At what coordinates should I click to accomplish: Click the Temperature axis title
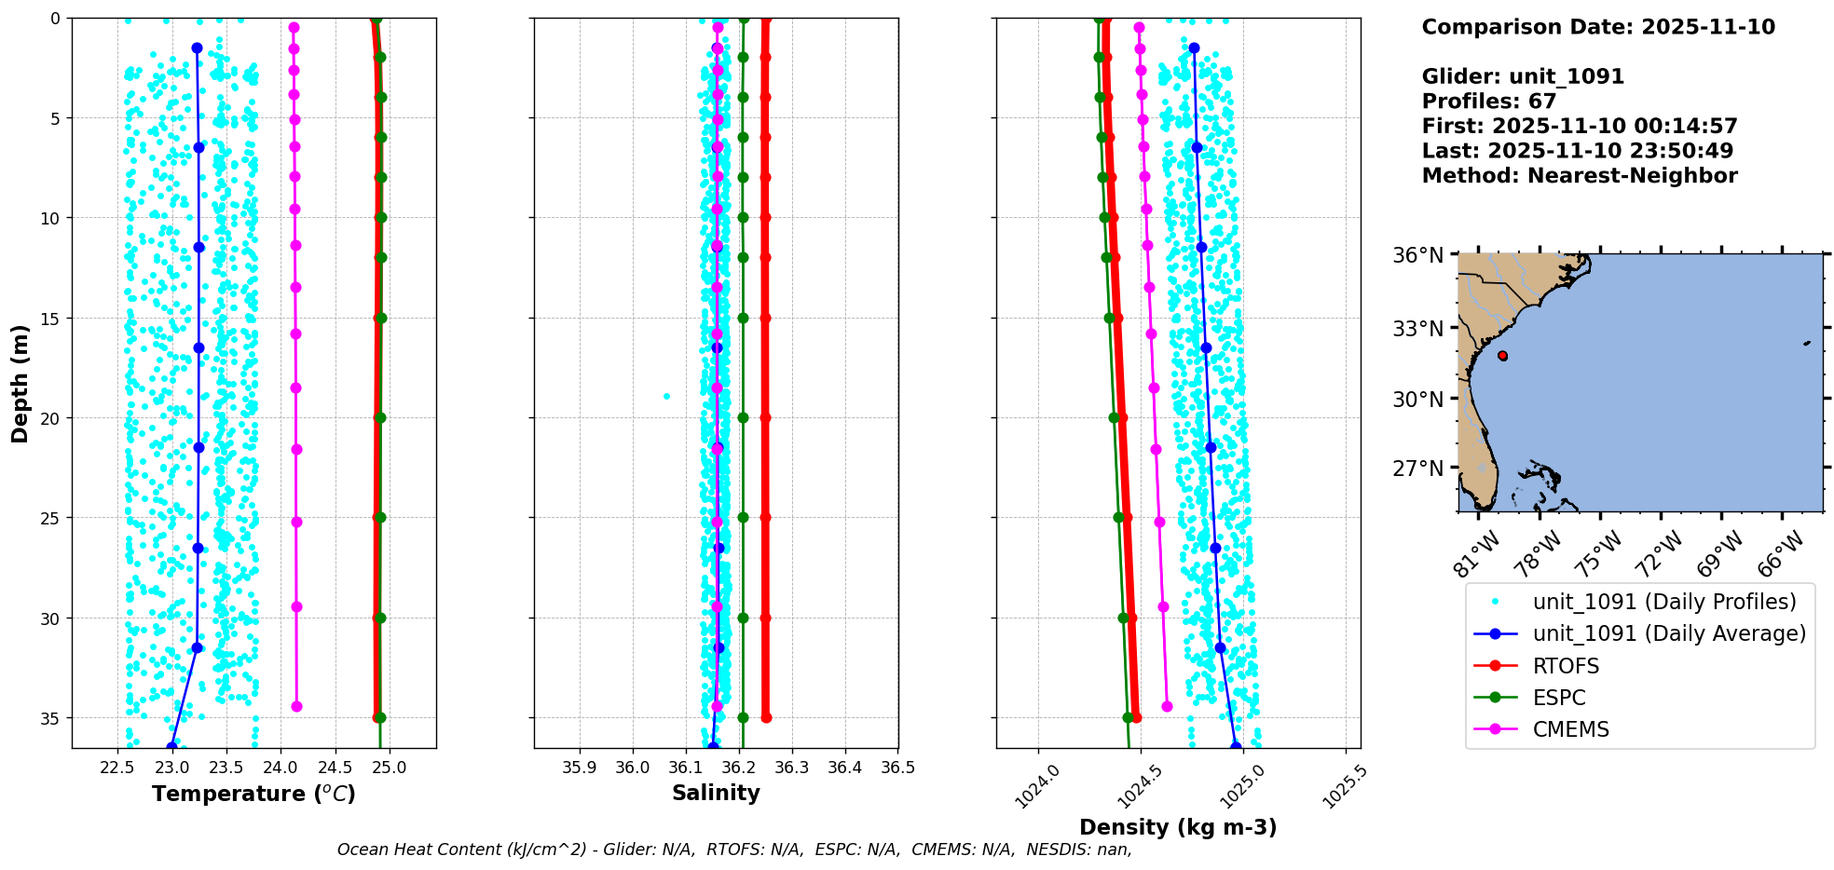pyautogui.click(x=253, y=794)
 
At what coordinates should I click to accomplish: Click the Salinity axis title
pyautogui.click(x=716, y=793)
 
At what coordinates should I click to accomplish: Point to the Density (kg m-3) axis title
pyautogui.click(x=1178, y=827)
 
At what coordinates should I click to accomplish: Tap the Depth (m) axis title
pyautogui.click(x=20, y=384)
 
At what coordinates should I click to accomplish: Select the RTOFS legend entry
pyautogui.click(x=1566, y=666)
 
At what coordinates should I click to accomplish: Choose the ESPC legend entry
pyautogui.click(x=1559, y=698)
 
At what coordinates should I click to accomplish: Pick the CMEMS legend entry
pyautogui.click(x=1570, y=729)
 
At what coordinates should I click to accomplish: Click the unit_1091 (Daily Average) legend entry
pyautogui.click(x=1669, y=633)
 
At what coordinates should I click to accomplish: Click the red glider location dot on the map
pyautogui.click(x=1502, y=356)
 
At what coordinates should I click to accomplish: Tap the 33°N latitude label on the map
pyautogui.click(x=1418, y=329)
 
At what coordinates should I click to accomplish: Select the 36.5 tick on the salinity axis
pyautogui.click(x=897, y=768)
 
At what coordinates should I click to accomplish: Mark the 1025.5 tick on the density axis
pyautogui.click(x=1342, y=786)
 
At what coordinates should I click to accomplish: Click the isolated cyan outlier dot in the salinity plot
pyautogui.click(x=666, y=396)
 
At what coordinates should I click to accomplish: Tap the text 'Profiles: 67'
pyautogui.click(x=1488, y=102)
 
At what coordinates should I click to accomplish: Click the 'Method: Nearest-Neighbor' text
pyautogui.click(x=1579, y=176)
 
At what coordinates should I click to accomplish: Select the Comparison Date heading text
pyautogui.click(x=1597, y=27)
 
